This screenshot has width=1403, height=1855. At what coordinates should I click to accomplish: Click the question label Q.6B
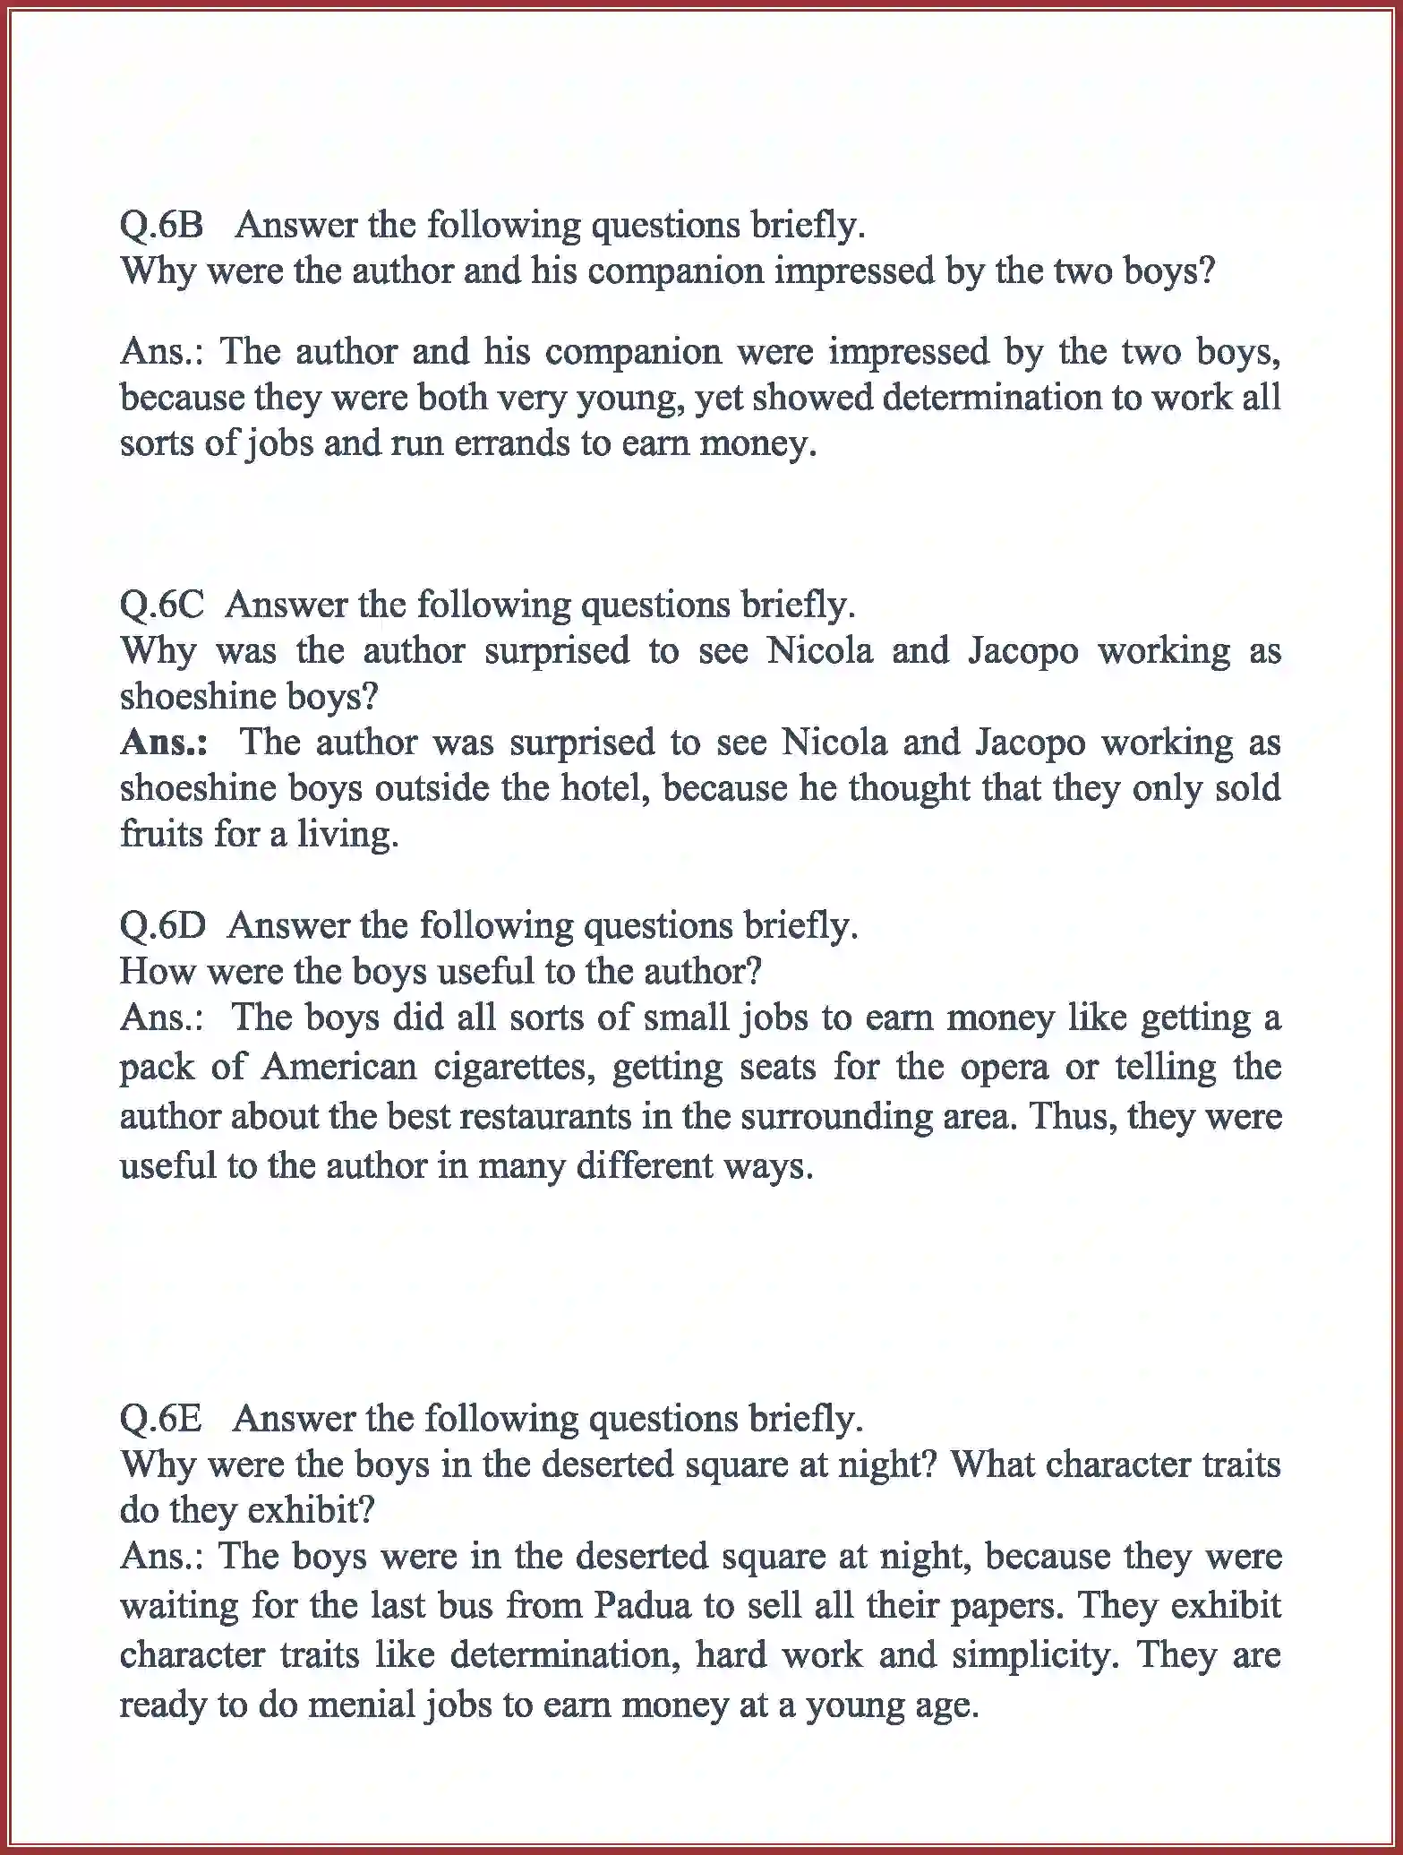click(162, 225)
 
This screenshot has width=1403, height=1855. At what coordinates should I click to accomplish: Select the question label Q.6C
click(162, 605)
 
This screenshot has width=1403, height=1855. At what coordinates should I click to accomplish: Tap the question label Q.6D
click(163, 925)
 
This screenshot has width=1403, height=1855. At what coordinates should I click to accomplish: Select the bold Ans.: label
click(165, 743)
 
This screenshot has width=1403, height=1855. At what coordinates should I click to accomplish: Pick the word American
click(340, 1067)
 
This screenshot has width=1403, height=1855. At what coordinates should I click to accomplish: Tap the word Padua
click(643, 1605)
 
